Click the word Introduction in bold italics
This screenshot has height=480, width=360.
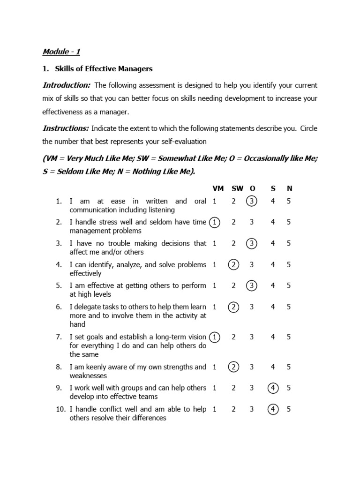(x=66, y=85)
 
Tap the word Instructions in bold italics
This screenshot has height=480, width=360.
(x=66, y=128)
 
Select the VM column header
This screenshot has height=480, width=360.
(x=218, y=188)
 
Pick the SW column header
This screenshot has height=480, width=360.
(x=237, y=188)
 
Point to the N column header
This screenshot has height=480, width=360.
(x=289, y=188)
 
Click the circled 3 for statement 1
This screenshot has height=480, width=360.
(x=252, y=202)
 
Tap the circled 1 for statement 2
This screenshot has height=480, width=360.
(x=214, y=223)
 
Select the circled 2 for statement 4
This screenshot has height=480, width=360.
(x=233, y=265)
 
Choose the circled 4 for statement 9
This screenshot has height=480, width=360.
(x=272, y=388)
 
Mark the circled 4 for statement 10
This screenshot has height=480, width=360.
(x=272, y=409)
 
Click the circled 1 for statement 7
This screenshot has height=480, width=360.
(x=214, y=337)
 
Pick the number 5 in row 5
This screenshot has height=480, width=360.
(x=289, y=285)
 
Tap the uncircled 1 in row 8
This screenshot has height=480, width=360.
(x=214, y=367)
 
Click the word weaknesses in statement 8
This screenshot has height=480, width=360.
(x=88, y=376)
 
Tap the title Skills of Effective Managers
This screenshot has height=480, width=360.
(x=104, y=69)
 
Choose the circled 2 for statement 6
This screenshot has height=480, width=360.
(x=233, y=307)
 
